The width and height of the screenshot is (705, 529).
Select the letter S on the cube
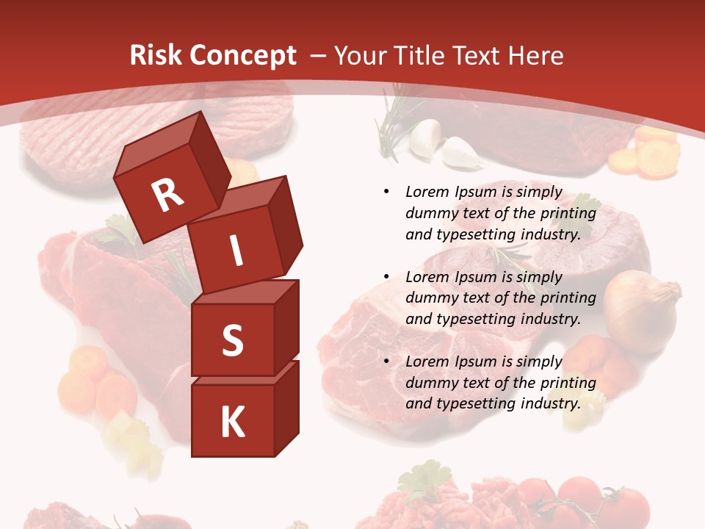tap(232, 341)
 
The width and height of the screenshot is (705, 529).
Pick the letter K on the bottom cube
tap(232, 422)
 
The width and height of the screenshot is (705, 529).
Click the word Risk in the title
tap(154, 55)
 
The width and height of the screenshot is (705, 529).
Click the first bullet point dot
tap(386, 192)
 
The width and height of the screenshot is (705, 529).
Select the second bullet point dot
tap(386, 277)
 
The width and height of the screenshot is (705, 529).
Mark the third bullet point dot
tap(386, 361)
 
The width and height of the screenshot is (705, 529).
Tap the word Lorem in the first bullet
tap(427, 192)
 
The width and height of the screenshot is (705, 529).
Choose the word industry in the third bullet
tap(549, 403)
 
